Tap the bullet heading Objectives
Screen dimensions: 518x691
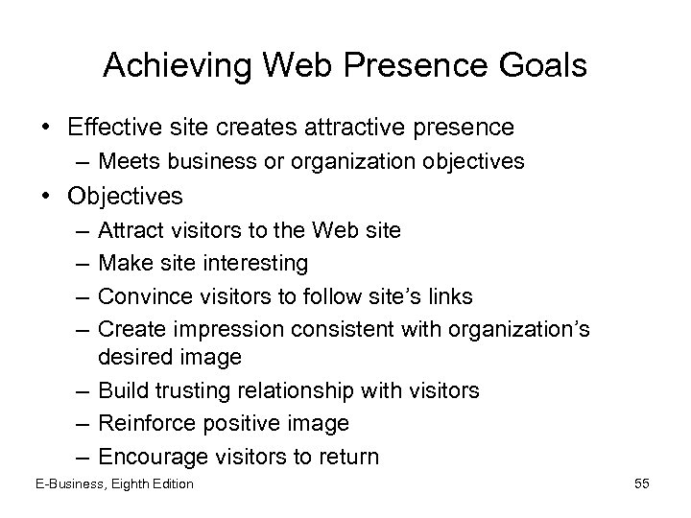(x=125, y=197)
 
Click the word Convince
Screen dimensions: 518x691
(x=137, y=294)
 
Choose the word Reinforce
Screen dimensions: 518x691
(x=143, y=422)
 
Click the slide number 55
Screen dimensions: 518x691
(x=641, y=484)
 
